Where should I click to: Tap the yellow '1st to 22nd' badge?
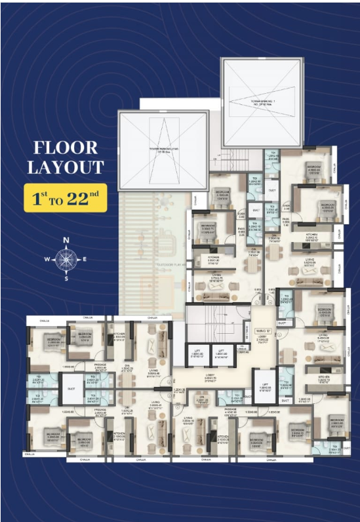click(65, 197)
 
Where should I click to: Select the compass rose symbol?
click(66, 259)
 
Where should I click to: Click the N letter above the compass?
click(66, 240)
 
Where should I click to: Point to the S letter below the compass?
click(66, 279)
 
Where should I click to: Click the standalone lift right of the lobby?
click(264, 386)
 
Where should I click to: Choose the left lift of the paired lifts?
click(197, 355)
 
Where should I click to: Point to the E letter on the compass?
click(85, 260)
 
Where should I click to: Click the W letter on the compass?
click(47, 260)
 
